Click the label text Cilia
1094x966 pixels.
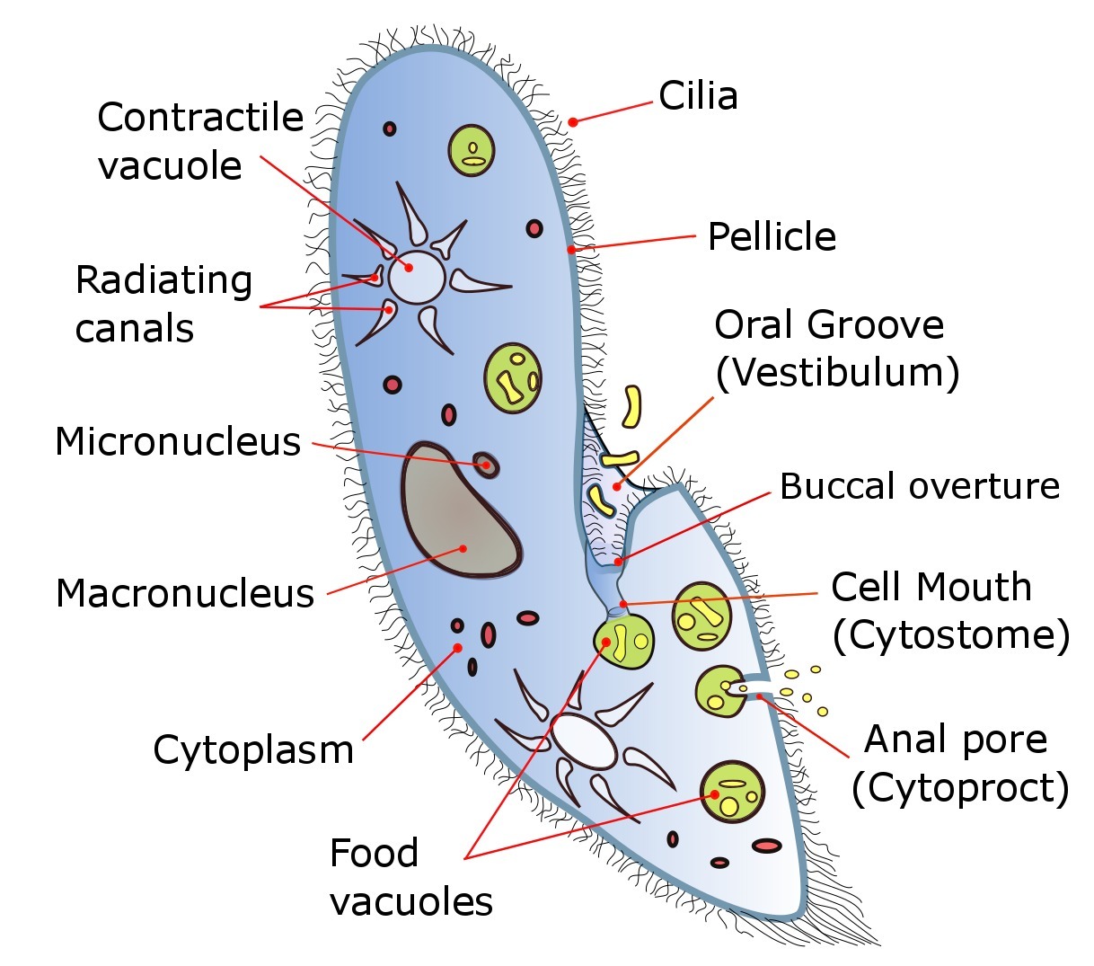click(x=698, y=96)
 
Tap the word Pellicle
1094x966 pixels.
click(x=772, y=237)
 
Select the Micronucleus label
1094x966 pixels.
click(x=178, y=442)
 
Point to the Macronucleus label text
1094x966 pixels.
click(x=185, y=594)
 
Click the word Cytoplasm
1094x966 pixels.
click(x=253, y=749)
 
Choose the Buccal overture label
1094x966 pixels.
click(x=919, y=486)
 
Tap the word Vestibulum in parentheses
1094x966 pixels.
click(x=837, y=373)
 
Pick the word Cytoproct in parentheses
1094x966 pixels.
click(x=960, y=788)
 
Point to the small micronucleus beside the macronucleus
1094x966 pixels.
click(x=486, y=464)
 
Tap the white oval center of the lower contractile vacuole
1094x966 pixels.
click(x=584, y=741)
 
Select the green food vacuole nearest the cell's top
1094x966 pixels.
click(x=472, y=150)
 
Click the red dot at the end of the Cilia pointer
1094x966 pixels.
click(x=572, y=121)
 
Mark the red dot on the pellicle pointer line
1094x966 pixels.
click(x=571, y=250)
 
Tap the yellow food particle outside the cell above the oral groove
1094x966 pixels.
click(x=632, y=405)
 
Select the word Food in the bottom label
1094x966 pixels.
click(x=374, y=853)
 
